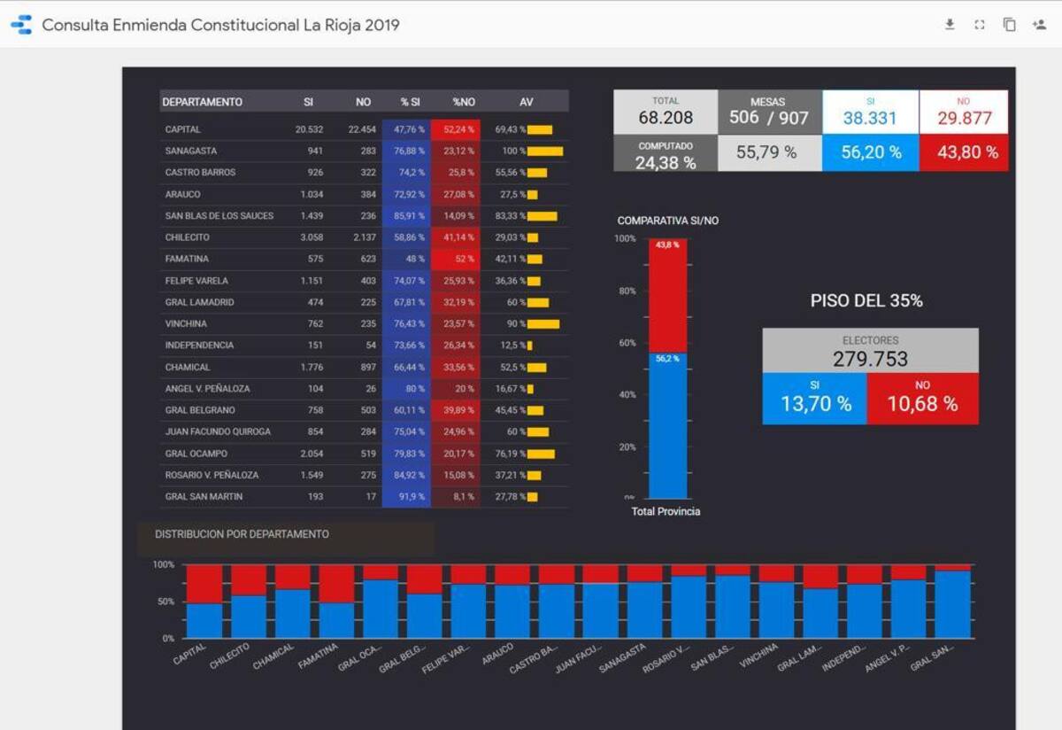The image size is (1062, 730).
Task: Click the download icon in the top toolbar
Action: (950, 25)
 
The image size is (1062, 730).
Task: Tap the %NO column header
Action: (464, 102)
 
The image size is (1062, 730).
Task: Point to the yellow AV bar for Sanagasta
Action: (545, 151)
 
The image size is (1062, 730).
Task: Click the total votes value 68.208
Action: (666, 118)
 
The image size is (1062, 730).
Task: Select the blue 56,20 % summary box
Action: (871, 152)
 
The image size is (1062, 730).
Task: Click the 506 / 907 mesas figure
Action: (768, 118)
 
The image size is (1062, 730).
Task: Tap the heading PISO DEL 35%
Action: (866, 301)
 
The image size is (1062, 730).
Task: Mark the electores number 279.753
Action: (870, 359)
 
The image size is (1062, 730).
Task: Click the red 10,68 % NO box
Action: (923, 404)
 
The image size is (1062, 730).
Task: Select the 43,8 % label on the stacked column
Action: (667, 245)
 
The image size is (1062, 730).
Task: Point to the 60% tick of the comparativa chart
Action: (625, 343)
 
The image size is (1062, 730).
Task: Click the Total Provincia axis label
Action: (666, 512)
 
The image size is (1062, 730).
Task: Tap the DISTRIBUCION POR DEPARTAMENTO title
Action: (242, 534)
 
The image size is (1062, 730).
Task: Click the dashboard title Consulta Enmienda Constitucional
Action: (220, 25)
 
